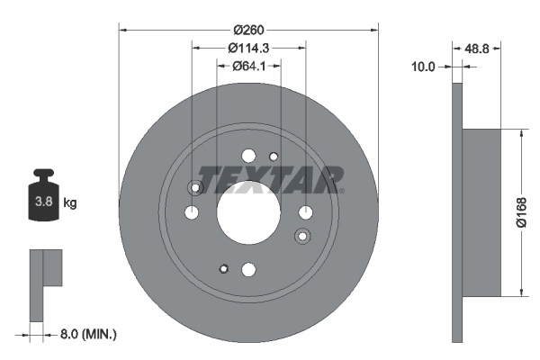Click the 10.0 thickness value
[423, 66]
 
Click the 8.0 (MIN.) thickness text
[86, 334]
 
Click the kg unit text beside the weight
[70, 203]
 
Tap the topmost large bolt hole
[248, 156]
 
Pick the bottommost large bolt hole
[248, 268]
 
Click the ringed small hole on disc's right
[301, 236]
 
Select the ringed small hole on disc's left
[194, 188]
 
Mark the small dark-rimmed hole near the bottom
[222, 266]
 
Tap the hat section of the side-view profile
[481, 212]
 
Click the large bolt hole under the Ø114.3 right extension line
[305, 213]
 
